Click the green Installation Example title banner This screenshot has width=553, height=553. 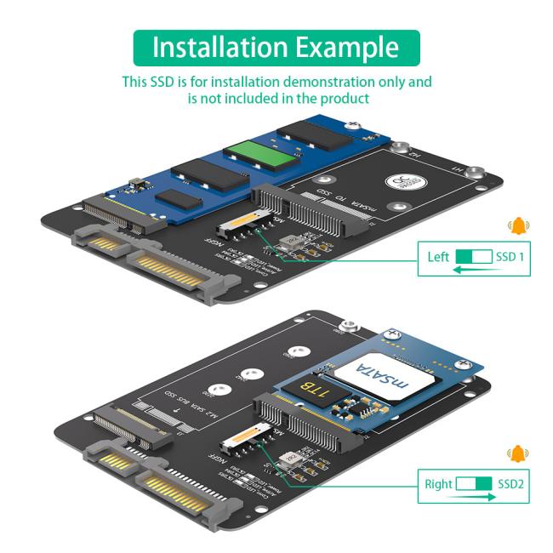tap(276, 48)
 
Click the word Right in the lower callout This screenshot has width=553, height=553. tap(439, 484)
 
